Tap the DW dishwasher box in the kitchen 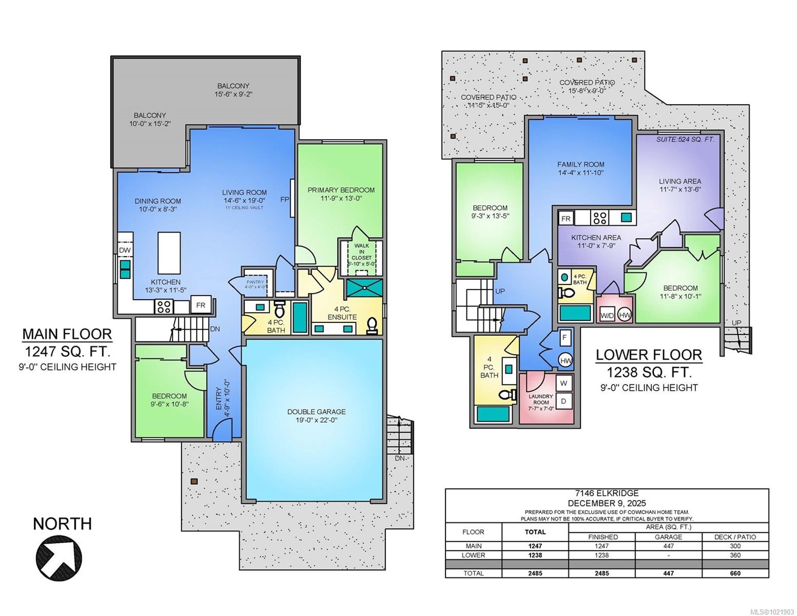pos(125,250)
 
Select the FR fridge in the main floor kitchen pos(200,305)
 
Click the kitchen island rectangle pos(169,253)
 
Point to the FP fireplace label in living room pos(285,199)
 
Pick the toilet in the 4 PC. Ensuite pos(372,324)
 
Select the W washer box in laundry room pos(563,383)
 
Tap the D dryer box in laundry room pos(563,401)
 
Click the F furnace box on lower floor pos(565,337)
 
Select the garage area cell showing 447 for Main pos(668,546)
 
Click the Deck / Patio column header pos(735,537)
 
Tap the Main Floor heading pos(67,334)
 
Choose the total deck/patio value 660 pos(735,573)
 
